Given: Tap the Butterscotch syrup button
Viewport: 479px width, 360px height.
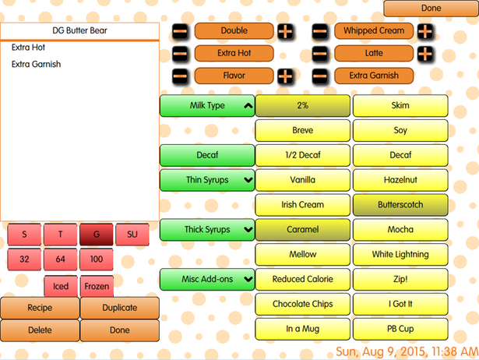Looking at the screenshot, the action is coord(400,205).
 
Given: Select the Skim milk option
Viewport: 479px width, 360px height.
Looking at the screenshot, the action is coord(400,105).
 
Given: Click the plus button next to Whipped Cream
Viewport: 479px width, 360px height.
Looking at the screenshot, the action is coord(424,31).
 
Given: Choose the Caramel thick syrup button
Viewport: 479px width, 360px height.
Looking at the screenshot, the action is coord(303,230).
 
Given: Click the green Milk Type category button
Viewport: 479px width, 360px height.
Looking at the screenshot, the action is coord(207,105).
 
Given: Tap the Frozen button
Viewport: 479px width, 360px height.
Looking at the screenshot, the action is coord(97,286).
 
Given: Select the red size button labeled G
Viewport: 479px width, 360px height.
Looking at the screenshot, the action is coord(96,234).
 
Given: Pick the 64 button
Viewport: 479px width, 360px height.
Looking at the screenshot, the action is coord(60,258).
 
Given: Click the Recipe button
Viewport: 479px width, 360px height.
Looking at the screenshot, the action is coord(40,308).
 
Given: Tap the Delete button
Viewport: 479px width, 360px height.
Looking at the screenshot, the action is coord(40,330).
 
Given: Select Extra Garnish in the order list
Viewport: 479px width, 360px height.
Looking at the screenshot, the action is coord(36,65).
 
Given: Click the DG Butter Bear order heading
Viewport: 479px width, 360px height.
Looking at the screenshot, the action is coord(79,31).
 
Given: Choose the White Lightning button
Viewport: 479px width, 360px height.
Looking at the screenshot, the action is coord(400,254).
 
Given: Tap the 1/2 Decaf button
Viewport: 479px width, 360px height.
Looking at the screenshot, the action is coord(303,155).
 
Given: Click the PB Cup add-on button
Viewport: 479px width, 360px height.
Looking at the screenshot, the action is coord(400,329).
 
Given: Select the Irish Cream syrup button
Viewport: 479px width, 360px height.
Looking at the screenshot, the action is coord(303,205).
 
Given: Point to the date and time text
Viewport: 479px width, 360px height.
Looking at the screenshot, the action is coord(406,350).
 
